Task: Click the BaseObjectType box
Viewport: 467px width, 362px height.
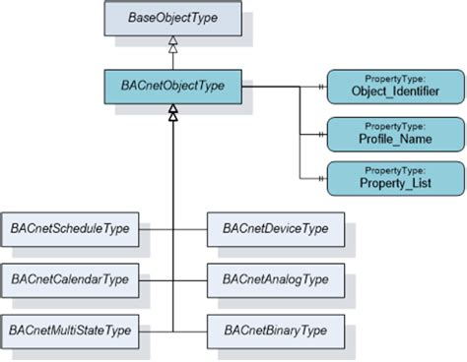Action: coord(173,19)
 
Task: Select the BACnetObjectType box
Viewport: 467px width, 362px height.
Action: coord(173,87)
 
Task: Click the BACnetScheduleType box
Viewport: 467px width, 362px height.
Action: coord(70,229)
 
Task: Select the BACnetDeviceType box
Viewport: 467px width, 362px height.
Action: coord(274,229)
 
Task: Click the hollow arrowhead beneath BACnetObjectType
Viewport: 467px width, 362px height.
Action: coord(173,114)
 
